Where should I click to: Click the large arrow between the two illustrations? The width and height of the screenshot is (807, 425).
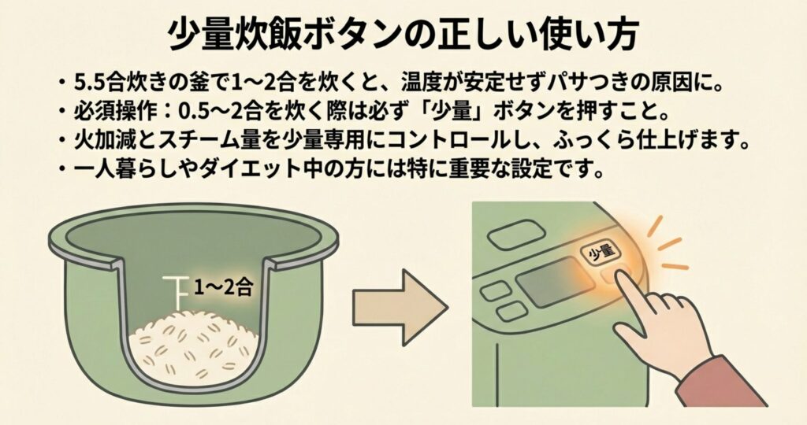(x=399, y=307)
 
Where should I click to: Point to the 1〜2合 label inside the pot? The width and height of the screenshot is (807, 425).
(x=223, y=288)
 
